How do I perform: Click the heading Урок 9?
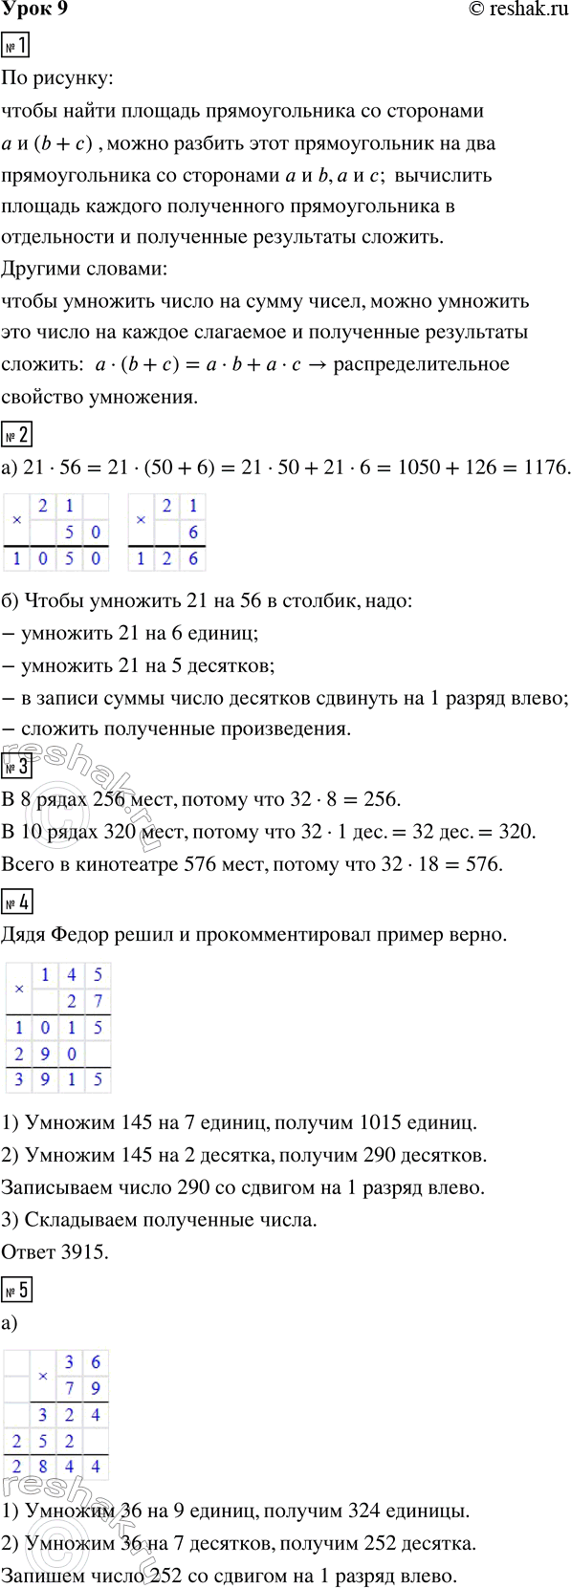pyautogui.click(x=34, y=11)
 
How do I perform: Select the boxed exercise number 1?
pyautogui.click(x=17, y=45)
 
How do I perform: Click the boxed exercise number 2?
pyautogui.click(x=17, y=435)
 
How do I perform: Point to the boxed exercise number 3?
pyautogui.click(x=17, y=766)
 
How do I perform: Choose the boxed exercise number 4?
pyautogui.click(x=17, y=902)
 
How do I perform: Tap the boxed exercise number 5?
pyautogui.click(x=17, y=1290)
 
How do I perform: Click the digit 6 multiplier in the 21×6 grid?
pyautogui.click(x=193, y=533)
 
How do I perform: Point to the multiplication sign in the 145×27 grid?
pyautogui.click(x=19, y=989)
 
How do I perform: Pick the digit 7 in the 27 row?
pyautogui.click(x=97, y=1002)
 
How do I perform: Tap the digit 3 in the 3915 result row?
pyautogui.click(x=18, y=1080)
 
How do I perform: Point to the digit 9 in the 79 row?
pyautogui.click(x=96, y=1388)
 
